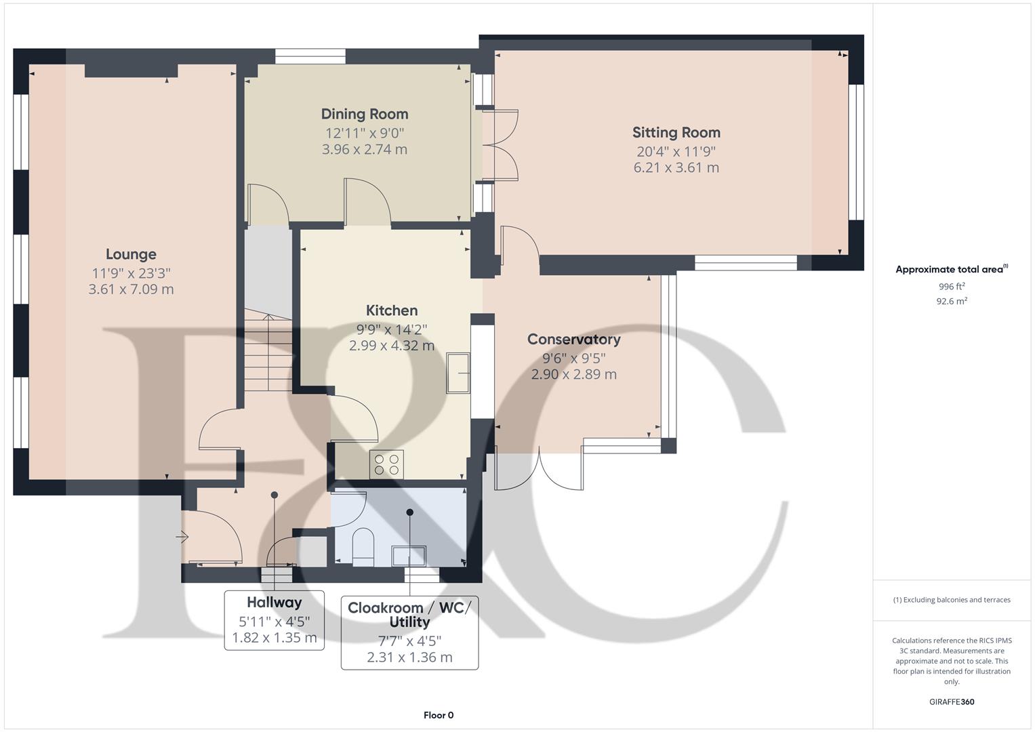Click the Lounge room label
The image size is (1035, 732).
coord(131,254)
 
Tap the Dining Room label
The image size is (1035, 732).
coord(365,114)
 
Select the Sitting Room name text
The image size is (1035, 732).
coord(676,132)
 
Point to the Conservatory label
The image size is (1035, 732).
coord(573,339)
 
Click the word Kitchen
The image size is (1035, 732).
coord(391,310)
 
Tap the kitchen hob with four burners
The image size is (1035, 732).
coord(386,464)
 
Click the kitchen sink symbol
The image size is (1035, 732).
coord(458,372)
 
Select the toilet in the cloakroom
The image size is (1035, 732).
coord(363,546)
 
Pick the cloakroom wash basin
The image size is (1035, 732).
coord(409,555)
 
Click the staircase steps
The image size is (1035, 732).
coord(269,352)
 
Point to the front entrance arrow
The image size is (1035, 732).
coord(182,537)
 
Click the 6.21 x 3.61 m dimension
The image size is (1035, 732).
coord(676,167)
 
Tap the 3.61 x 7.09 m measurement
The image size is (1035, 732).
coord(131,289)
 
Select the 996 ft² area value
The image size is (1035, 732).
coord(951,287)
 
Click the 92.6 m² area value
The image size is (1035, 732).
coord(951,302)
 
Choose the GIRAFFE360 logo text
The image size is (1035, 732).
coord(951,701)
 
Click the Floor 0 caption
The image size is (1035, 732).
coord(438,715)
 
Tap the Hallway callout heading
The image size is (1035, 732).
coord(274,603)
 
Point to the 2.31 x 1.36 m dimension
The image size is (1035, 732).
coord(409,657)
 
